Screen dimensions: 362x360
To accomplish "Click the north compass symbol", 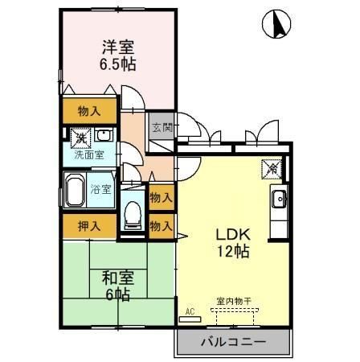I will [276, 26].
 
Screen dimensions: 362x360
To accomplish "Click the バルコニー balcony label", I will [232, 341].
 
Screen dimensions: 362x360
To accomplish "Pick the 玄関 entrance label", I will [161, 127].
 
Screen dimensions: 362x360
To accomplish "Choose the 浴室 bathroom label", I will [100, 190].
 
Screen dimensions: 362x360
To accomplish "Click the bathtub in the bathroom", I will [77, 193].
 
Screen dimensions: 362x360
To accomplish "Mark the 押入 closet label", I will [89, 226].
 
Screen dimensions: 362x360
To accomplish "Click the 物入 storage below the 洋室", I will [89, 111].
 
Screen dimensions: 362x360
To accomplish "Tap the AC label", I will [190, 310].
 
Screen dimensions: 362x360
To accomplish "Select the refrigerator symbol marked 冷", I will [273, 170].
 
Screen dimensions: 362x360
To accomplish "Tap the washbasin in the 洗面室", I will [105, 135].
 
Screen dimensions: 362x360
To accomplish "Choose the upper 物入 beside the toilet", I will [161, 196].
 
